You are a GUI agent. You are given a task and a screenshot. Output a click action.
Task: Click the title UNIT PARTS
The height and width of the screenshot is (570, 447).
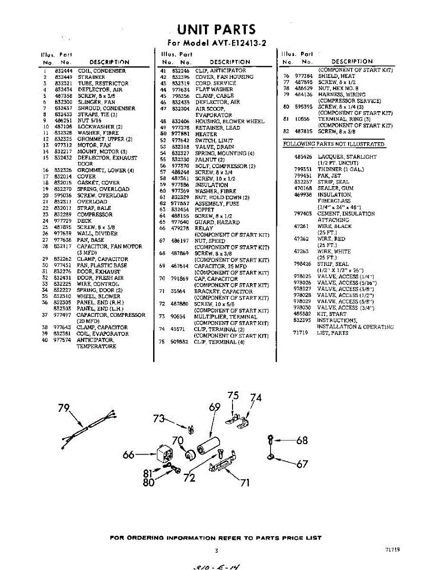[216, 29]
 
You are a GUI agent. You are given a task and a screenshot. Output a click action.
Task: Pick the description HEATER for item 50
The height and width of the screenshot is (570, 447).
[206, 134]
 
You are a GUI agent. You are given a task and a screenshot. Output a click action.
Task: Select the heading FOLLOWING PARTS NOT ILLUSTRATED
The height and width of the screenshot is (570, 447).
[333, 144]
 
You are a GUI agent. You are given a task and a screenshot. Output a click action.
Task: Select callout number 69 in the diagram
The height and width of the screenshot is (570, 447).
[214, 407]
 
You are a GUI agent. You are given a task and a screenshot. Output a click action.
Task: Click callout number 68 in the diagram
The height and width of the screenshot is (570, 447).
[302, 440]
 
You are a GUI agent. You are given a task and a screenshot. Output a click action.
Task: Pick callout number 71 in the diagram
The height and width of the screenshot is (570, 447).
[245, 483]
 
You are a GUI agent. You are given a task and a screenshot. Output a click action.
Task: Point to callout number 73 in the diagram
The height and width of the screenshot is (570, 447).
[159, 418]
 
